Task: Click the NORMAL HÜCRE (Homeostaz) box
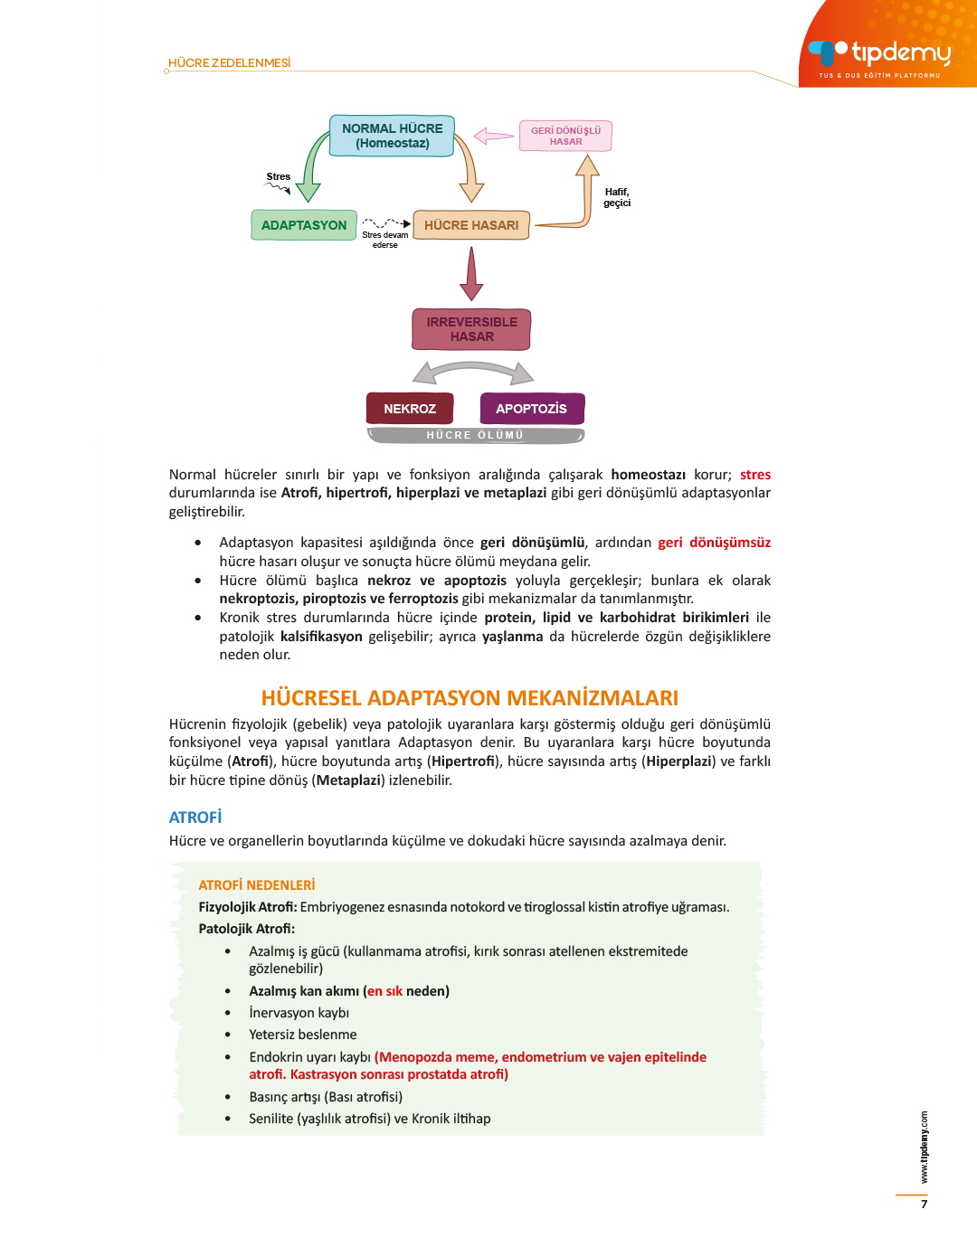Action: [392, 136]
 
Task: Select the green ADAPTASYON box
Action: [303, 225]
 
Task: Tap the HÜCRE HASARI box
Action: [470, 225]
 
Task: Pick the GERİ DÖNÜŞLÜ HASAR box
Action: [565, 136]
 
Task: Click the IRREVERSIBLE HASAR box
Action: [471, 329]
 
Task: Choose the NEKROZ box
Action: [409, 409]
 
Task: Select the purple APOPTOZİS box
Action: [531, 409]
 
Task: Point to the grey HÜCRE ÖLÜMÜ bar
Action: [475, 436]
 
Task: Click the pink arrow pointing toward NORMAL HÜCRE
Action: [493, 136]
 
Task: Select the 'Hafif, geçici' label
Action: [617, 197]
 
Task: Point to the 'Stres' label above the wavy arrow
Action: [279, 177]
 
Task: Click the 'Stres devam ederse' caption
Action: [385, 240]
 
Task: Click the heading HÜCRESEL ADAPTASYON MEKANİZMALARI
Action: [470, 698]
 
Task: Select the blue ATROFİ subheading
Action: [195, 818]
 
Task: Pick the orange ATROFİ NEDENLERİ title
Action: [257, 885]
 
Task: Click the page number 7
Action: [924, 1205]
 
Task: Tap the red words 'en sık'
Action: [384, 991]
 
